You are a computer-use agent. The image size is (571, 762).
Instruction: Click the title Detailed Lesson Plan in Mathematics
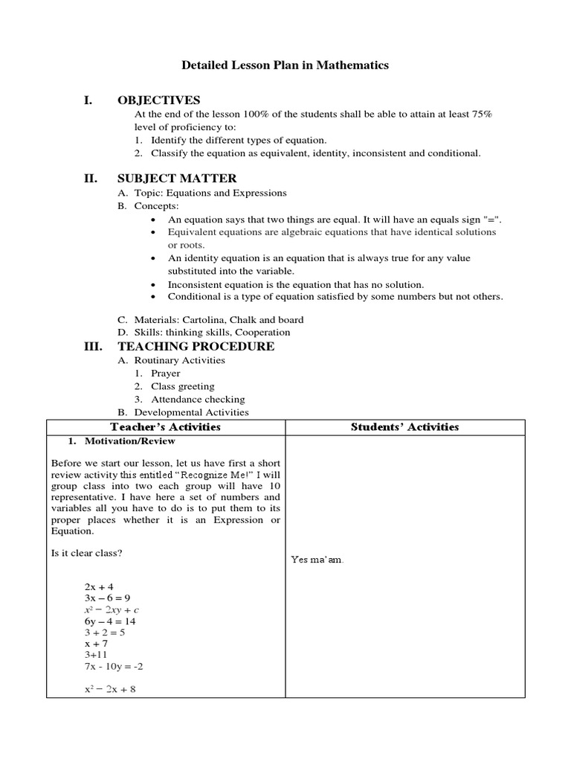click(x=285, y=65)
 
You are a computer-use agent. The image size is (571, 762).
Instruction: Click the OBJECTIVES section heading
click(x=158, y=100)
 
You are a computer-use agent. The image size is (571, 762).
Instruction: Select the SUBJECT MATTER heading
click(x=177, y=178)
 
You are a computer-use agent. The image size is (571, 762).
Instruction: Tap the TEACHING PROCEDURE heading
click(x=196, y=346)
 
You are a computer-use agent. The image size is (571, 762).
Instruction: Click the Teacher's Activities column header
click(x=165, y=426)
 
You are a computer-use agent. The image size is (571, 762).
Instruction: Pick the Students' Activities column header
click(x=404, y=426)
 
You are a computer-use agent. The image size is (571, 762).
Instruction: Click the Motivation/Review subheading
click(x=120, y=441)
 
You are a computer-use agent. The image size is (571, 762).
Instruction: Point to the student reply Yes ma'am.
click(x=317, y=560)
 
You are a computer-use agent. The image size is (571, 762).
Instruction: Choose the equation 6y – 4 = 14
click(x=110, y=621)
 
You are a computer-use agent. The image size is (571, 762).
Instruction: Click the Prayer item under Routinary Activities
click(x=165, y=374)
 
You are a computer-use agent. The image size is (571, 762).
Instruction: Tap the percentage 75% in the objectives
click(x=482, y=114)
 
